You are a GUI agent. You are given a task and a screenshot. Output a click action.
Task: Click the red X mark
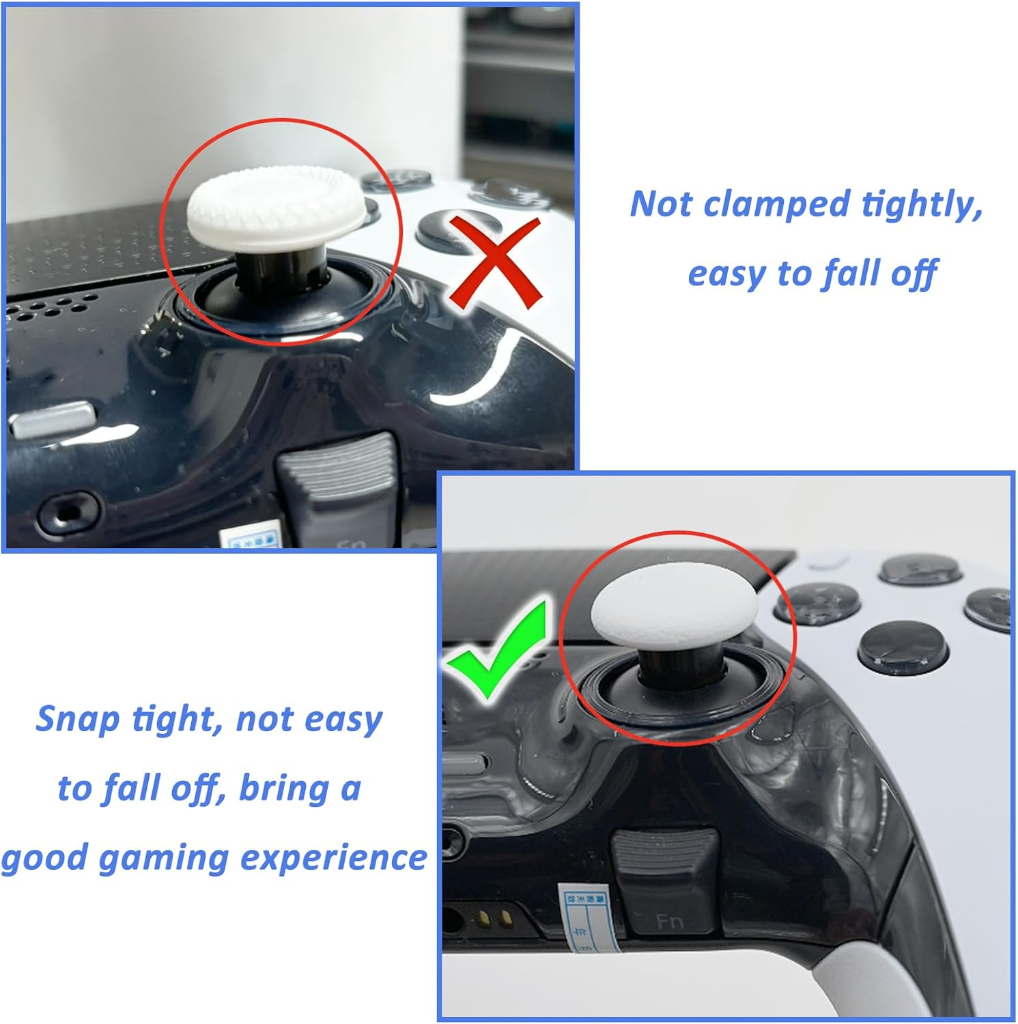point(496,263)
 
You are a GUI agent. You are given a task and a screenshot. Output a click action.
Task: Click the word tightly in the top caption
point(922,204)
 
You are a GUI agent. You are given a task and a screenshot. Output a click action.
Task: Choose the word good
point(45,858)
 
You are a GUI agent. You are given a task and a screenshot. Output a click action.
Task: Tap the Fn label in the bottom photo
point(669,922)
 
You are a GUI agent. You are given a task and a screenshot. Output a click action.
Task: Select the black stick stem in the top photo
point(281,267)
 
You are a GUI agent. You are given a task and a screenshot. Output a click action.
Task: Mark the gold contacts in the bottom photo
point(496,917)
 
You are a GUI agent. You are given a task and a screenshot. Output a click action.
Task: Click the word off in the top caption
point(914,274)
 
